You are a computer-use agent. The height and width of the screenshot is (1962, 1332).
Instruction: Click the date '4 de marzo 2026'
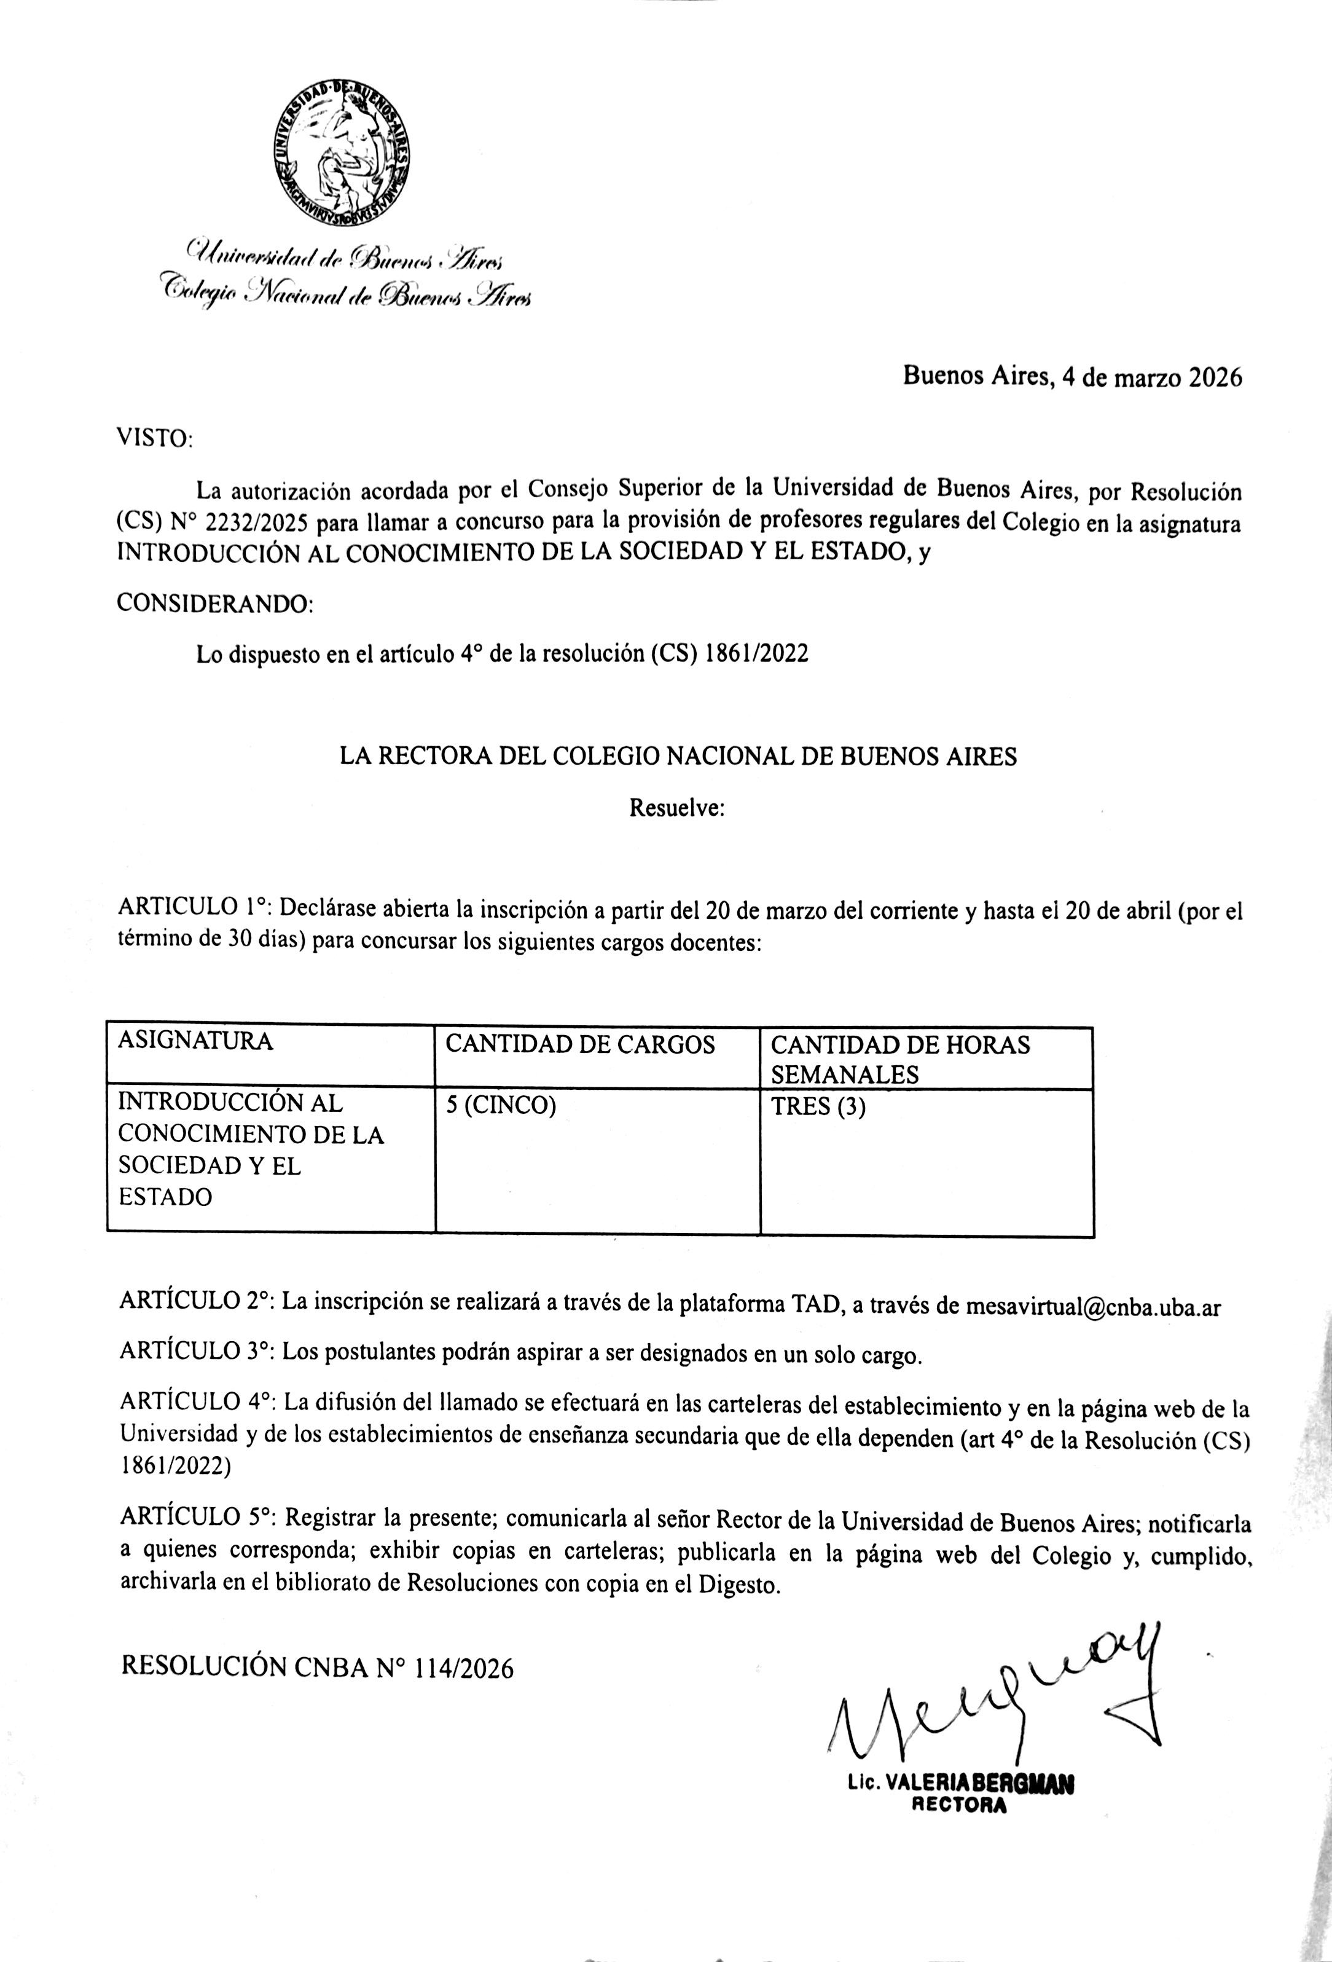pyautogui.click(x=1151, y=377)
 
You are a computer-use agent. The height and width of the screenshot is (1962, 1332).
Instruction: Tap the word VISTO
pyautogui.click(x=153, y=439)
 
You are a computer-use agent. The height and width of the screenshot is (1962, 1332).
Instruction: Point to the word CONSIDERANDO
pyautogui.click(x=213, y=604)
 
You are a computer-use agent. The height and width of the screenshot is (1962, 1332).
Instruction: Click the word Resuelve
pyautogui.click(x=677, y=808)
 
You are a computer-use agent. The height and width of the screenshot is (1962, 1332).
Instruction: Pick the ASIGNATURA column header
pyautogui.click(x=195, y=1041)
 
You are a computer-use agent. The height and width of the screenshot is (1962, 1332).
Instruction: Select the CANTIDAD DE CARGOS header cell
pyautogui.click(x=580, y=1045)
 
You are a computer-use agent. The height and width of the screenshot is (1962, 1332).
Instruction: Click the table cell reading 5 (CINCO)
pyautogui.click(x=501, y=1106)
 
